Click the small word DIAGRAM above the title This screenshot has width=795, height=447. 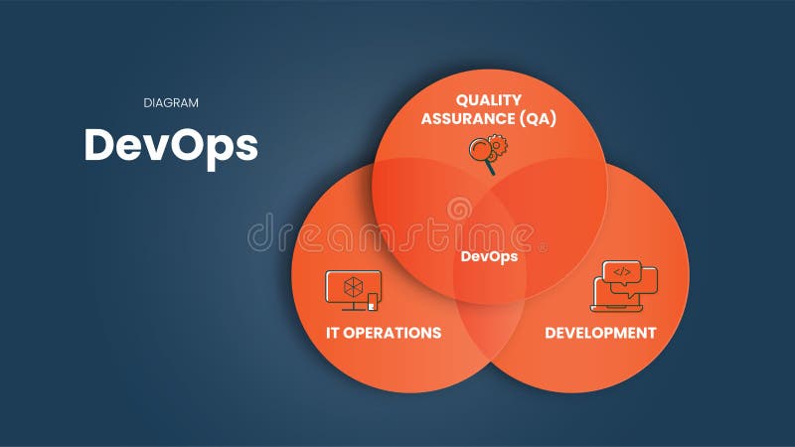(170, 102)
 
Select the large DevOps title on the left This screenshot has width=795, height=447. (171, 145)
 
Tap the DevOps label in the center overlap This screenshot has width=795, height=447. (489, 256)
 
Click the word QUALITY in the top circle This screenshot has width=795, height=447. (490, 100)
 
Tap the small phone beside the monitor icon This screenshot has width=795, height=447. (374, 301)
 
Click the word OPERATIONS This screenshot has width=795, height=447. (395, 333)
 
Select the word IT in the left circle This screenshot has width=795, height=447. (335, 333)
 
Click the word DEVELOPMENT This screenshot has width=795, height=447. (600, 333)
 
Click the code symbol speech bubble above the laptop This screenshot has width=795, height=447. (621, 271)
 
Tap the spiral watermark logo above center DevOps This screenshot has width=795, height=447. (459, 210)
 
